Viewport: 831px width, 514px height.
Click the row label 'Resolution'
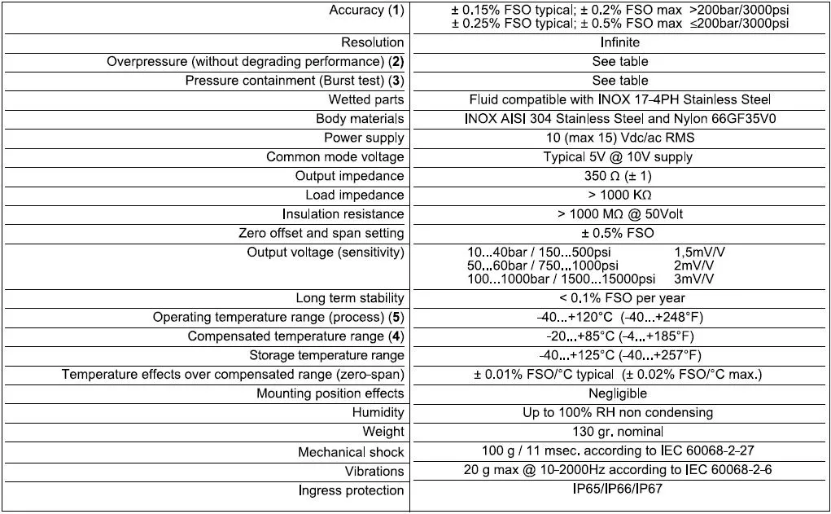click(372, 42)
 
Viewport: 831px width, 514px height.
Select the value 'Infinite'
click(619, 42)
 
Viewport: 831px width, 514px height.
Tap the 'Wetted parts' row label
click(365, 99)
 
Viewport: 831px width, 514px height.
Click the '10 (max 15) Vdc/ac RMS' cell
click(619, 138)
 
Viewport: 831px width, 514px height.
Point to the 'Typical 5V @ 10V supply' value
click(619, 156)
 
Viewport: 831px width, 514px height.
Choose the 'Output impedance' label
click(349, 176)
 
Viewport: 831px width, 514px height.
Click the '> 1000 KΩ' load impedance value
click(619, 195)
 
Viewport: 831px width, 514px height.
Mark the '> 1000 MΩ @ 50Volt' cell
click(619, 214)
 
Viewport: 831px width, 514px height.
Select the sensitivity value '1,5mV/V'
click(700, 253)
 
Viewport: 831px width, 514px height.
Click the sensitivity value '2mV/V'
click(693, 266)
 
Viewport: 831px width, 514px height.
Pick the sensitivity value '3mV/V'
click(693, 279)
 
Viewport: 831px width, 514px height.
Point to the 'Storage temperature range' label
click(326, 355)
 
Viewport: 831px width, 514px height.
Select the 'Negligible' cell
click(619, 393)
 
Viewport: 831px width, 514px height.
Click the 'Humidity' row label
click(378, 413)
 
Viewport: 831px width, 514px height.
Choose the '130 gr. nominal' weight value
click(619, 432)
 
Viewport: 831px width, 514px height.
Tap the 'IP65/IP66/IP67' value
click(619, 490)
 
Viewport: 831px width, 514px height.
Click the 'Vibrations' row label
click(374, 471)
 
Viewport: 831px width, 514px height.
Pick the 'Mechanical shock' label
click(351, 452)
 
